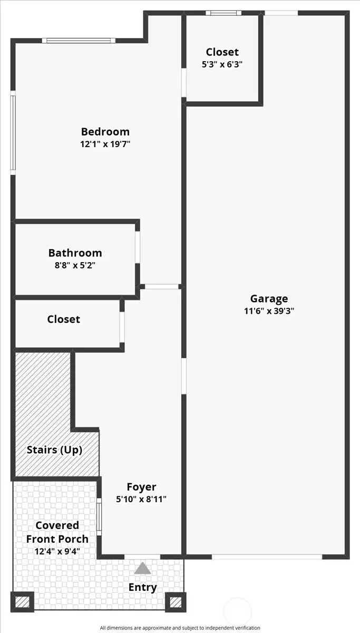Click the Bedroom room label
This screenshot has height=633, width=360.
click(105, 132)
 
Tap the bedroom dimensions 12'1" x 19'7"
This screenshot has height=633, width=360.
click(105, 144)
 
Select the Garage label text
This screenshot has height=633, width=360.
click(269, 299)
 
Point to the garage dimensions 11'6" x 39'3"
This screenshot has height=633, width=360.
click(269, 311)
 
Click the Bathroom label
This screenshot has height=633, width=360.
click(75, 253)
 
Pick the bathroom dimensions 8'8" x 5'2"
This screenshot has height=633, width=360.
click(75, 265)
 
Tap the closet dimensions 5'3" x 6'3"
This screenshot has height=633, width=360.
click(222, 64)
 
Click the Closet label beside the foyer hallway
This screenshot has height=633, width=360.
click(63, 319)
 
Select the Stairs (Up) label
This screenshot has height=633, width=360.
click(55, 450)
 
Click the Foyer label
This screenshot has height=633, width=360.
click(141, 487)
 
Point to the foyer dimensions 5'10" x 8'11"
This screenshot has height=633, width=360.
click(141, 499)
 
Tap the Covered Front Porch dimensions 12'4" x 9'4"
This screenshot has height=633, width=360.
click(57, 552)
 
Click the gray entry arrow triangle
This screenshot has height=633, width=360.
click(142, 569)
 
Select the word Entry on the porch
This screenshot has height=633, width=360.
click(142, 587)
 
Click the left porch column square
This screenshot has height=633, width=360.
click(22, 602)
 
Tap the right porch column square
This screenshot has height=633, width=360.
click(176, 602)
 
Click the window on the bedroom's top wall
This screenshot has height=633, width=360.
click(79, 40)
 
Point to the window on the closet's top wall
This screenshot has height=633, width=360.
click(223, 13)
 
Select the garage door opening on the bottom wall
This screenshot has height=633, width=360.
click(267, 557)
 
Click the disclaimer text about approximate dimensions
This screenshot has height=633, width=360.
click(180, 628)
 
